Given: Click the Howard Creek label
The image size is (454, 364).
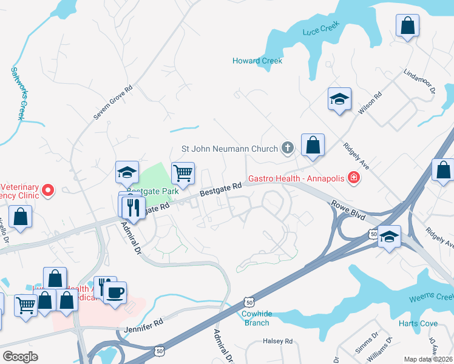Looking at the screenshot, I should (x=257, y=61).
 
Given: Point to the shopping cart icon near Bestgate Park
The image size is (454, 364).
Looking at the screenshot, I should (x=183, y=174).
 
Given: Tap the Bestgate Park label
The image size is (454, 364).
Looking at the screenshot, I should (x=155, y=191).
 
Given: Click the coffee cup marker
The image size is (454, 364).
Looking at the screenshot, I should (x=115, y=293).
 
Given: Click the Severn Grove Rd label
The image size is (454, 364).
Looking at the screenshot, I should (x=113, y=101).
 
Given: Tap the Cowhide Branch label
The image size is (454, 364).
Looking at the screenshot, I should (x=256, y=318).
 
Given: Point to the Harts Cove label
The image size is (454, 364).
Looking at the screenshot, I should (x=418, y=323).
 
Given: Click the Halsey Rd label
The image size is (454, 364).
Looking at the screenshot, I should (x=278, y=342).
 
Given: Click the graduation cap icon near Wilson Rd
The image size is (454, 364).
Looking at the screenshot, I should (x=339, y=99).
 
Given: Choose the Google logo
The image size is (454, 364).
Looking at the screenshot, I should (x=21, y=357).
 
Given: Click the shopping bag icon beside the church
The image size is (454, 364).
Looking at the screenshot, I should (x=313, y=145).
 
